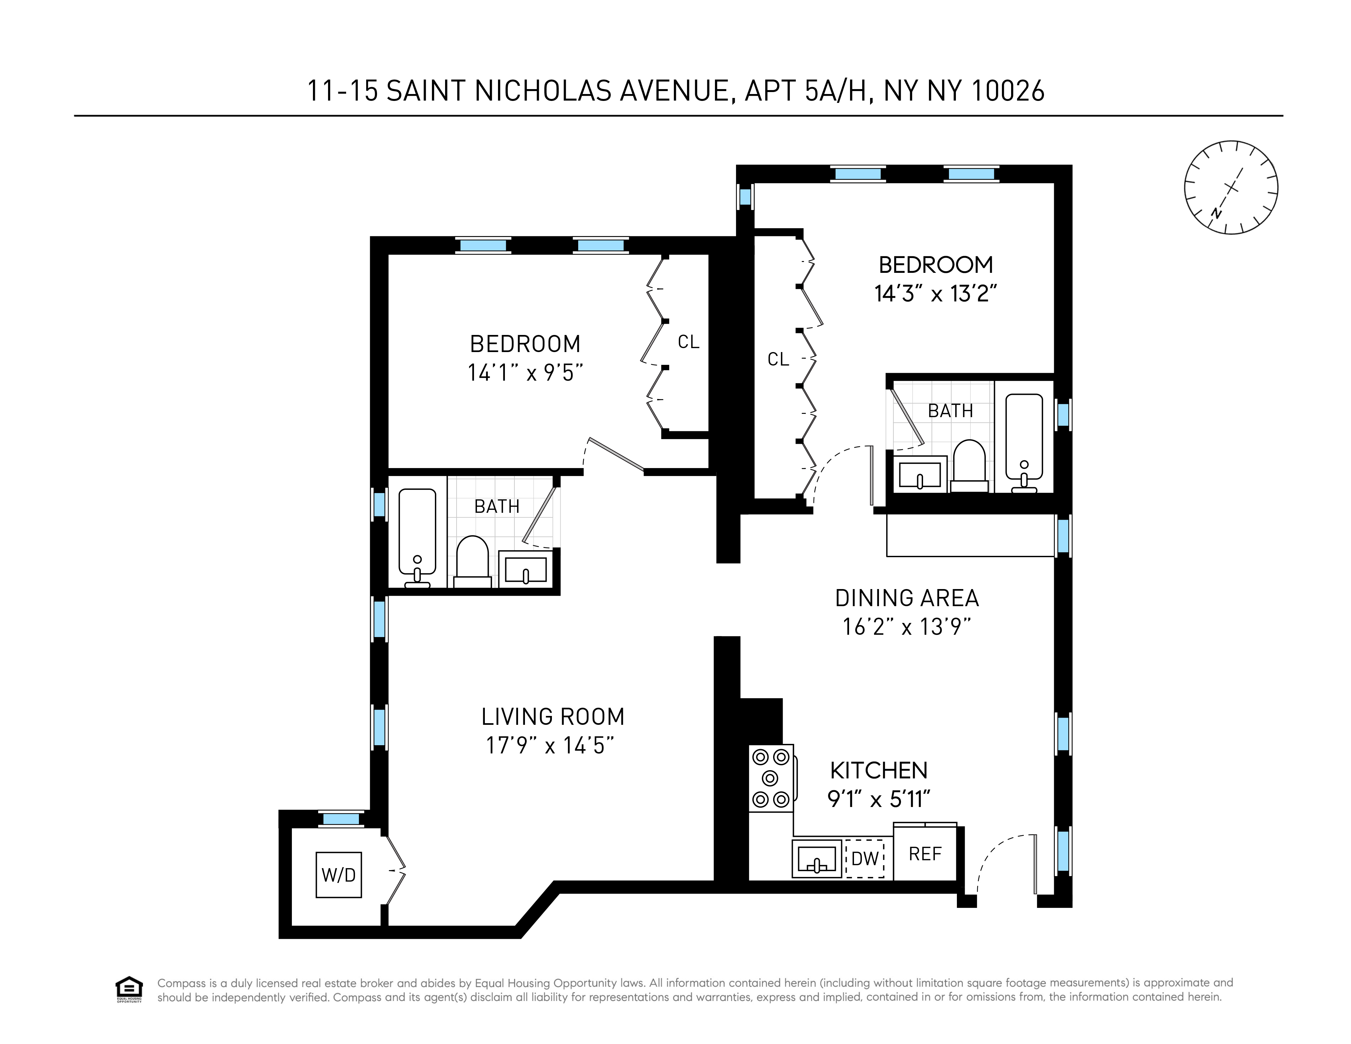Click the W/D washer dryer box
click(x=338, y=874)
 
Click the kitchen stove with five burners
click(x=771, y=778)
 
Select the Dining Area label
click(x=907, y=598)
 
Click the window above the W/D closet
click(x=341, y=819)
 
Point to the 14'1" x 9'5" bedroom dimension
click(x=525, y=373)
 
